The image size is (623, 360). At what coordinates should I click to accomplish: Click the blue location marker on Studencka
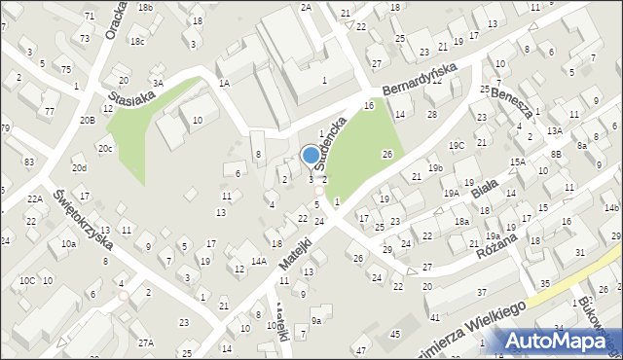[x=311, y=155]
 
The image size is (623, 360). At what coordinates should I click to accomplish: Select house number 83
[x=29, y=162]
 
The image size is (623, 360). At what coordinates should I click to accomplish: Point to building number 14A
[x=258, y=261]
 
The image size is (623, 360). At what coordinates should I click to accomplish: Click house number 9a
[x=315, y=320]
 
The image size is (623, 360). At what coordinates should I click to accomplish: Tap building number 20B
[x=88, y=120]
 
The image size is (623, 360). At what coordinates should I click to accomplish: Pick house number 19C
[x=457, y=145]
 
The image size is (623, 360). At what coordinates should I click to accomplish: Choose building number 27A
[x=146, y=342]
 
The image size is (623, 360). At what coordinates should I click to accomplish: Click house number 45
[x=394, y=335]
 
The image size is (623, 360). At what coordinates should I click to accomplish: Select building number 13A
[x=554, y=130]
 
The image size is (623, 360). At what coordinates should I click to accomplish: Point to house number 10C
[x=26, y=280]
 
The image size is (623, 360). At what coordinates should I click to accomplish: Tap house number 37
[x=481, y=292]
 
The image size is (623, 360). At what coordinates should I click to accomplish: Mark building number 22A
[x=35, y=198]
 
